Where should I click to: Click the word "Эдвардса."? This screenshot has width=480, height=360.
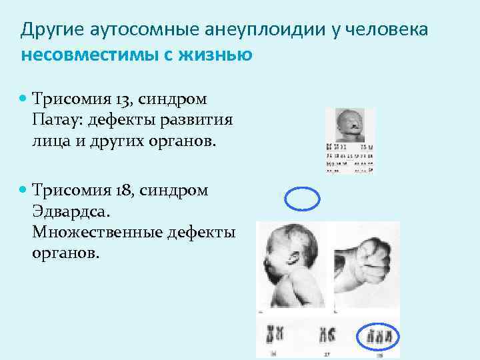[x=70, y=212]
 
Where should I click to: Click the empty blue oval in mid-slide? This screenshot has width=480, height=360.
[x=303, y=198]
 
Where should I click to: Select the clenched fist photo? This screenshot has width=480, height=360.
[x=363, y=263]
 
